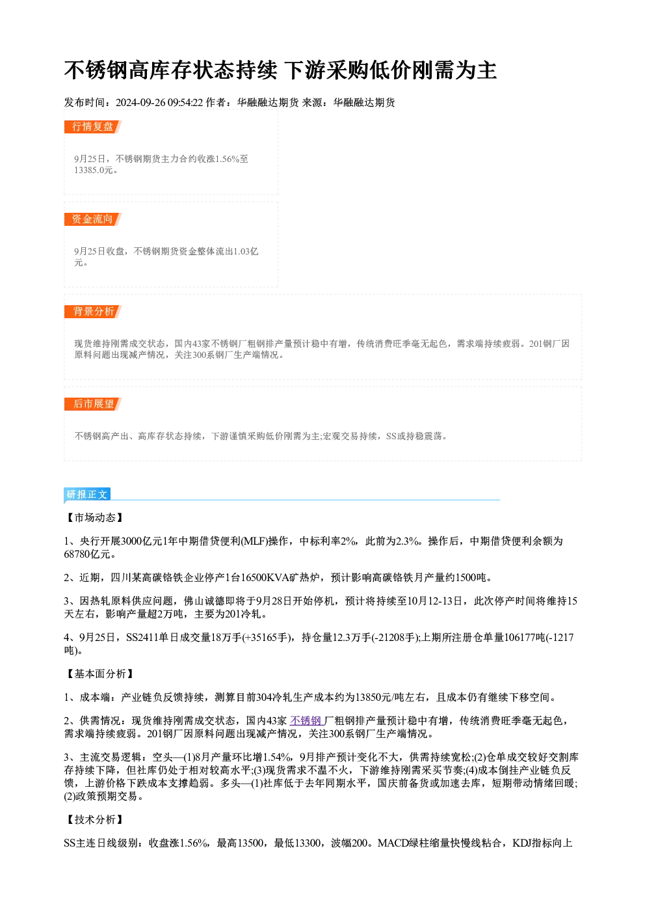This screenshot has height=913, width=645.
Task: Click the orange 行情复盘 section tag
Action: point(92,127)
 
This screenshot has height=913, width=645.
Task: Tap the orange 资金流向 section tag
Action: point(92,219)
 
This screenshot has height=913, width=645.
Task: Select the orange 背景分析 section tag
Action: point(92,312)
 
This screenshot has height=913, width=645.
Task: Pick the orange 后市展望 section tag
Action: point(92,404)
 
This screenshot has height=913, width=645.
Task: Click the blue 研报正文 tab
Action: point(87,494)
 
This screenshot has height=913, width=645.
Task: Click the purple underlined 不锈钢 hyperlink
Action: point(306,720)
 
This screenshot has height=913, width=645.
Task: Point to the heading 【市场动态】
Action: point(94,517)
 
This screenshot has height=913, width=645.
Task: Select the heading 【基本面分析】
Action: point(99,674)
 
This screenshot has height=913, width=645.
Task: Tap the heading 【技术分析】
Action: point(94,820)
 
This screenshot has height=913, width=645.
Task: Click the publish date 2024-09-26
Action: point(140,102)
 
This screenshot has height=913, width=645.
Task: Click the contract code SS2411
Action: point(142,637)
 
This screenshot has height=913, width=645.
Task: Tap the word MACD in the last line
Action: point(393,843)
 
